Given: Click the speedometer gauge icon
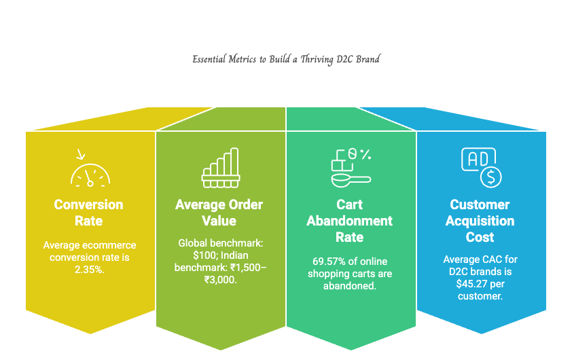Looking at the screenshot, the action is click(x=90, y=176).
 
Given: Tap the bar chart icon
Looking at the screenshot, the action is click(x=221, y=168).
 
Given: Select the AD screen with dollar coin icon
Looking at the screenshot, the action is click(x=481, y=167).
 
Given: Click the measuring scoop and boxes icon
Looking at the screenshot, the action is click(x=351, y=168).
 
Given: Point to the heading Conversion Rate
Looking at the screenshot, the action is click(x=88, y=213).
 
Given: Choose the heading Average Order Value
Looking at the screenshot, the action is click(x=219, y=213).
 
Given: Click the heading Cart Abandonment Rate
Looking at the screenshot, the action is click(x=349, y=221).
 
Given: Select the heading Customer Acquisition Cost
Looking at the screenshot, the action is click(x=480, y=221).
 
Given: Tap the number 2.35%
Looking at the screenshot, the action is click(x=90, y=270).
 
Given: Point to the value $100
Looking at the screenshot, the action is click(x=204, y=255).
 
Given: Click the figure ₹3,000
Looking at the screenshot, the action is click(x=220, y=280).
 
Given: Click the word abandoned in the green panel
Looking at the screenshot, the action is click(x=349, y=285).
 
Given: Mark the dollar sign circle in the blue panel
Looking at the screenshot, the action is click(x=491, y=178).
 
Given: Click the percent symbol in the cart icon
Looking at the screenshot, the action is click(x=366, y=154).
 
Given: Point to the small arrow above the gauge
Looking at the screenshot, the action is click(x=81, y=154).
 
